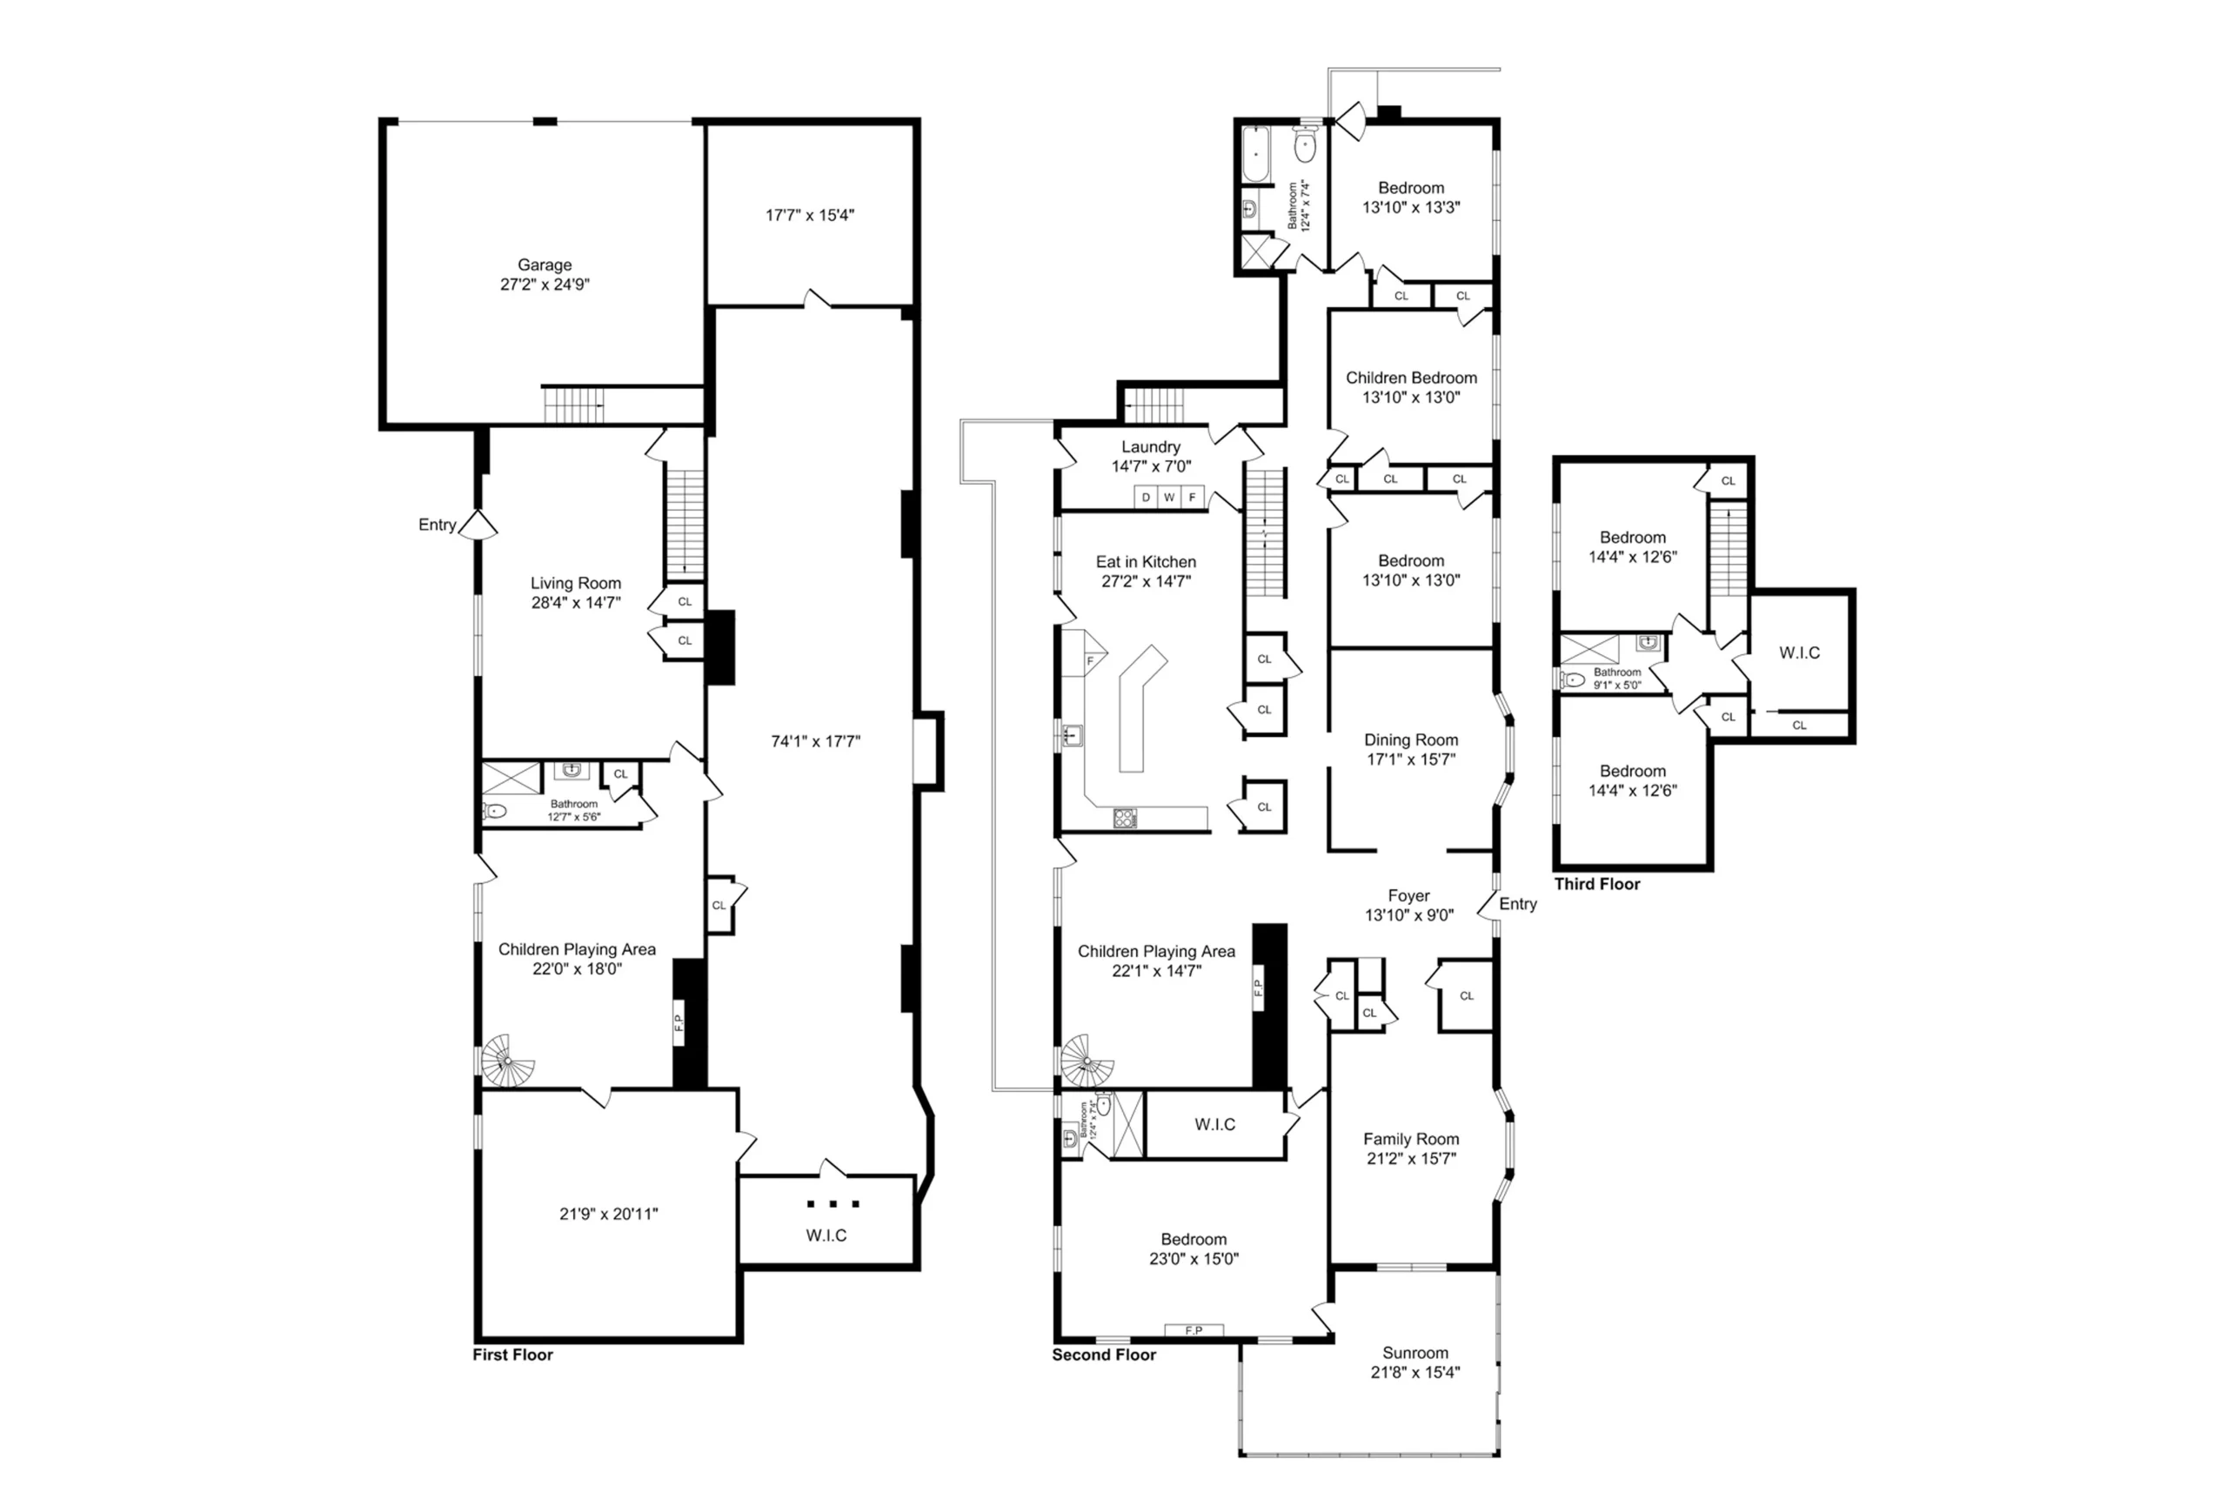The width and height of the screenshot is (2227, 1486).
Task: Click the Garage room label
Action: (x=544, y=265)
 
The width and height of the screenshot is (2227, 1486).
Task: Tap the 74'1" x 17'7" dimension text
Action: (x=815, y=741)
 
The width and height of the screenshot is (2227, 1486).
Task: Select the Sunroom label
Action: (x=1414, y=1352)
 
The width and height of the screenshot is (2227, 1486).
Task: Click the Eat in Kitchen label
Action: (x=1146, y=562)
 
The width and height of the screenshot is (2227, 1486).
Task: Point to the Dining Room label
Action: (x=1411, y=740)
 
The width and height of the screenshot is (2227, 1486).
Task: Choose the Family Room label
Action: (x=1411, y=1139)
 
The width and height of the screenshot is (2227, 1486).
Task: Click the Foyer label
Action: (x=1409, y=895)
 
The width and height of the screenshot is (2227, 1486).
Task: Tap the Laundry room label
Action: (x=1150, y=446)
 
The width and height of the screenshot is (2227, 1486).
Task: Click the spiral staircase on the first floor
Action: (x=508, y=1061)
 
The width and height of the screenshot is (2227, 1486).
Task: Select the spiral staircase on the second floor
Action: (x=1087, y=1061)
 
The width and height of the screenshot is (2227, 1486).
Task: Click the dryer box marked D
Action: (x=1146, y=498)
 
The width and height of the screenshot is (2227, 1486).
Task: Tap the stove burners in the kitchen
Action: (x=1125, y=819)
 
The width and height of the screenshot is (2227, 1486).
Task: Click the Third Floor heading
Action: (x=1597, y=884)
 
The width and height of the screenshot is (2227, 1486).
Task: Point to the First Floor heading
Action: (x=512, y=1355)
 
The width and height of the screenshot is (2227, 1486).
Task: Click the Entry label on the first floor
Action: (x=437, y=525)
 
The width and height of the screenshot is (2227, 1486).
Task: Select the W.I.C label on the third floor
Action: (x=1800, y=653)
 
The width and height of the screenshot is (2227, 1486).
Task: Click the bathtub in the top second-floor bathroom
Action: (x=1256, y=155)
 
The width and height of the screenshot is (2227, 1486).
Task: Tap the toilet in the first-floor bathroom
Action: (x=494, y=811)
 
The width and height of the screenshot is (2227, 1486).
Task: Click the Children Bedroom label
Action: (x=1411, y=378)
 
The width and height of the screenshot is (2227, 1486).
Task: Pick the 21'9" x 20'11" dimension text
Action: (x=608, y=1214)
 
